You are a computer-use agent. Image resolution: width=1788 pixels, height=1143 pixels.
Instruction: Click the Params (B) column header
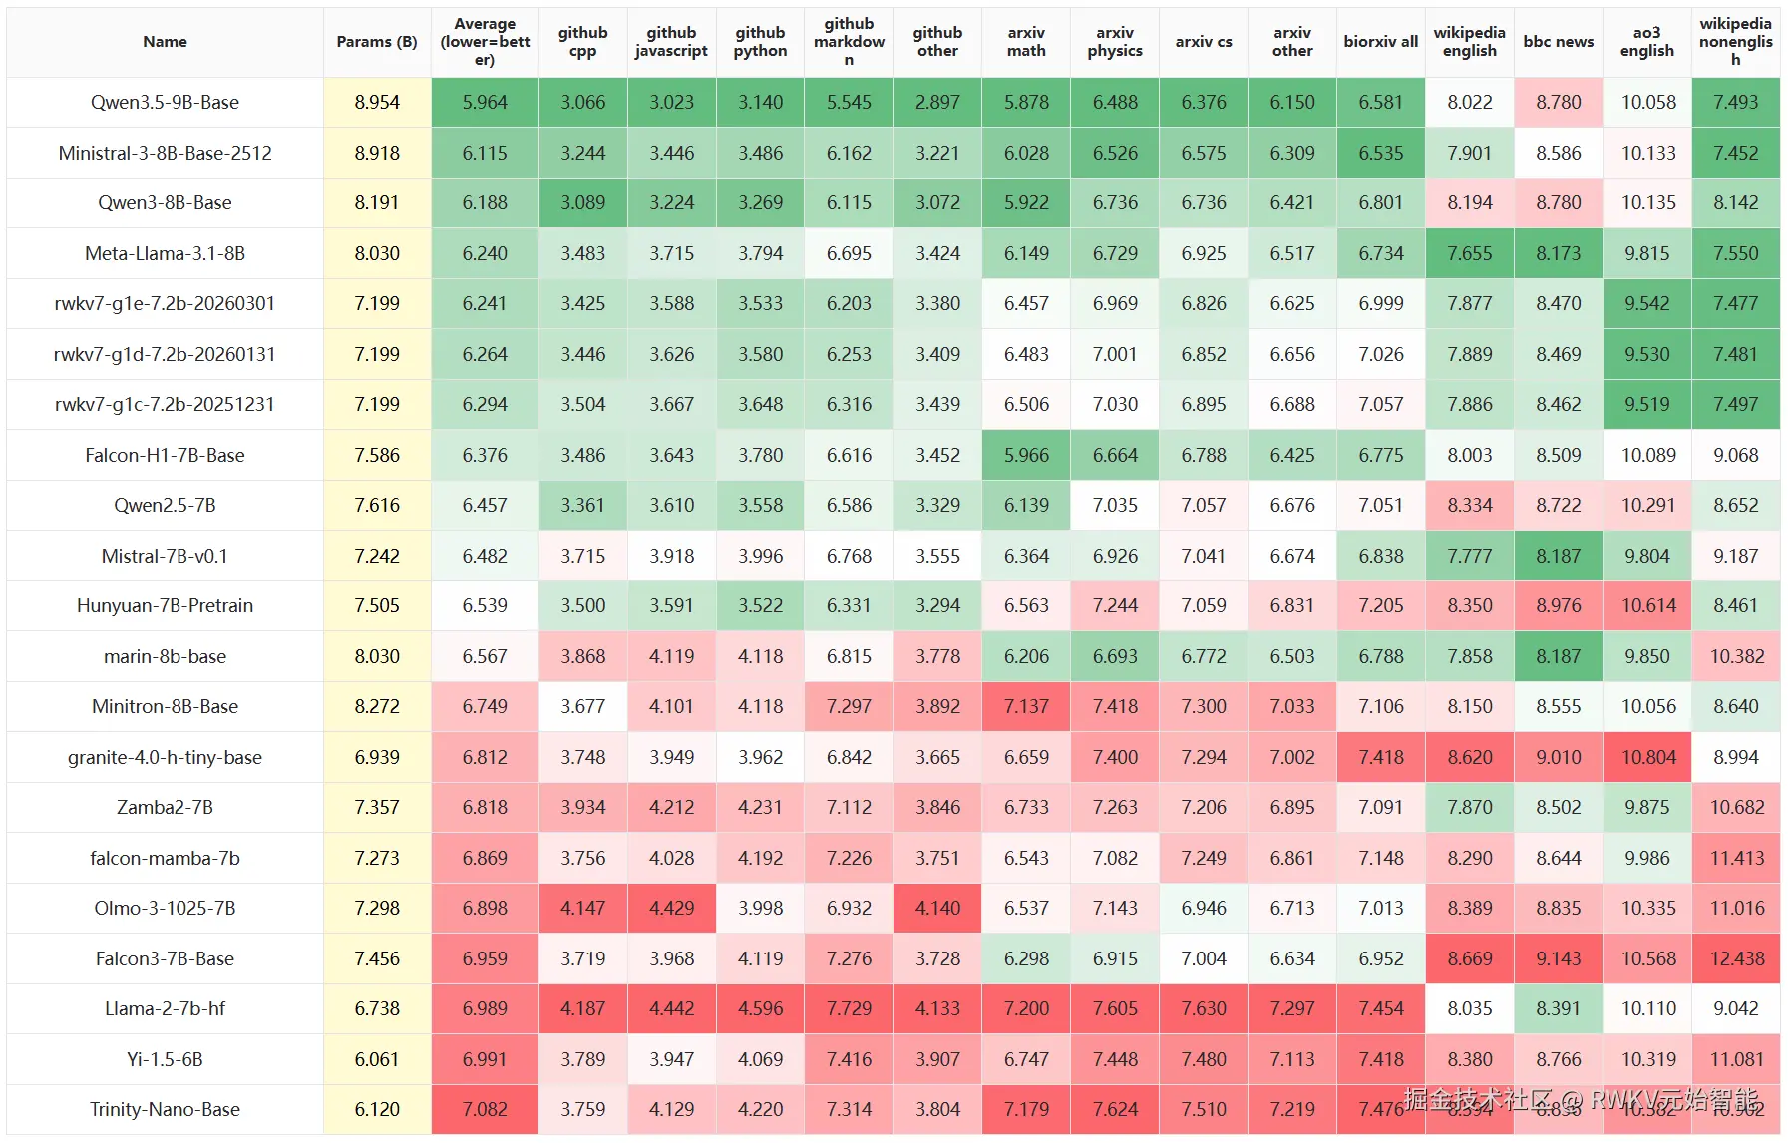click(377, 42)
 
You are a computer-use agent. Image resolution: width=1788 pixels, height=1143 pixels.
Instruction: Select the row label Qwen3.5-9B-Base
click(165, 102)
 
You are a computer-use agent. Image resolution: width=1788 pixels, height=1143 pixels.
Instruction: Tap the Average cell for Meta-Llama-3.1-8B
click(485, 253)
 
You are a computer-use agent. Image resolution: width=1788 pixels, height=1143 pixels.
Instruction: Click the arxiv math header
click(1026, 42)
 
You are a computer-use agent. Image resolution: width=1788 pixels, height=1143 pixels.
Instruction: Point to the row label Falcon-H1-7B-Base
click(165, 455)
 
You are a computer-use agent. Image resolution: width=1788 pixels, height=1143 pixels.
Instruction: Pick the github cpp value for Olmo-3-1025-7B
click(583, 908)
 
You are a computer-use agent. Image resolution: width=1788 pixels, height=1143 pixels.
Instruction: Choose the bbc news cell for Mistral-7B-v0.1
click(1558, 556)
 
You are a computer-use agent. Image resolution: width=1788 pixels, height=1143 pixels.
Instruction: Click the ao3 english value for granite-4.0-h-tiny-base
click(1647, 757)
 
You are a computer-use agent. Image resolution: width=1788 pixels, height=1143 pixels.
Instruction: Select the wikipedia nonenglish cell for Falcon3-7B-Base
click(1736, 958)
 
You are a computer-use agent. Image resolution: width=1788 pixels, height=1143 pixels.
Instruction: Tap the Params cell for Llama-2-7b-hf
click(377, 1008)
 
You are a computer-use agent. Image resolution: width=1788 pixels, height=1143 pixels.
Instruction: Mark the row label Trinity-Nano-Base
click(165, 1109)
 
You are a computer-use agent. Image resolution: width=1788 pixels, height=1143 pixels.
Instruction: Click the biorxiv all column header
click(1381, 42)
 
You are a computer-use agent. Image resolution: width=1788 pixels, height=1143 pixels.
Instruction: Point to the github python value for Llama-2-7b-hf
click(761, 1008)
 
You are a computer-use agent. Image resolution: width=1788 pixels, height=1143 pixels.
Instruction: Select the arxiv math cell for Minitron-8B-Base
click(1026, 706)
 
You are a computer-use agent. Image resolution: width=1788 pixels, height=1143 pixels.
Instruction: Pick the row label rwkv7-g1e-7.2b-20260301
click(165, 303)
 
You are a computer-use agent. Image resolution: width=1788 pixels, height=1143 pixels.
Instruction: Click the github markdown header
click(849, 42)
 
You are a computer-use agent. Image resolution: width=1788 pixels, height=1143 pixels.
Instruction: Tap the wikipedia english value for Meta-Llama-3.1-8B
click(1470, 253)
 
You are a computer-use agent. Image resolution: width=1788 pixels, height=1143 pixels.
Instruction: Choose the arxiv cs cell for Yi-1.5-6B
click(1204, 1059)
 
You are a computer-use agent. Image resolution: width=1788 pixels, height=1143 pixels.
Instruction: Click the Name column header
click(165, 42)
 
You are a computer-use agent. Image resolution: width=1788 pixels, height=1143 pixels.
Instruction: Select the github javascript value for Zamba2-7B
click(672, 807)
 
